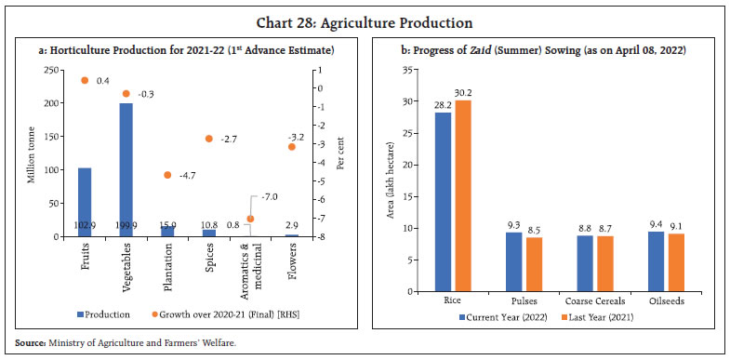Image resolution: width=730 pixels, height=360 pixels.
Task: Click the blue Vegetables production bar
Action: coord(126,169)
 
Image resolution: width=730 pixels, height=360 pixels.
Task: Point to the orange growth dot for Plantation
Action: coord(167,175)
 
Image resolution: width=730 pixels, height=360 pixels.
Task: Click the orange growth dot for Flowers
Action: coord(292,147)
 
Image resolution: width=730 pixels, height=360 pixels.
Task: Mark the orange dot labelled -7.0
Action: coord(250,219)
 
